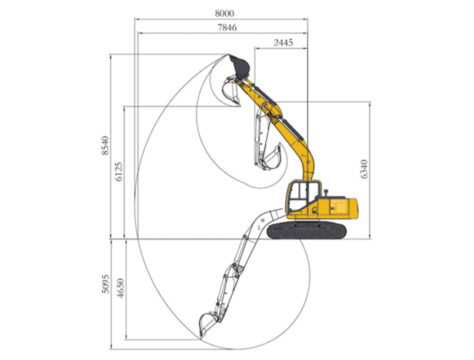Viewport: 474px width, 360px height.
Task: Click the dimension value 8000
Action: pyautogui.click(x=224, y=12)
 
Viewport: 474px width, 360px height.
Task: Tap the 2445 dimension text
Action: pyautogui.click(x=281, y=44)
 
